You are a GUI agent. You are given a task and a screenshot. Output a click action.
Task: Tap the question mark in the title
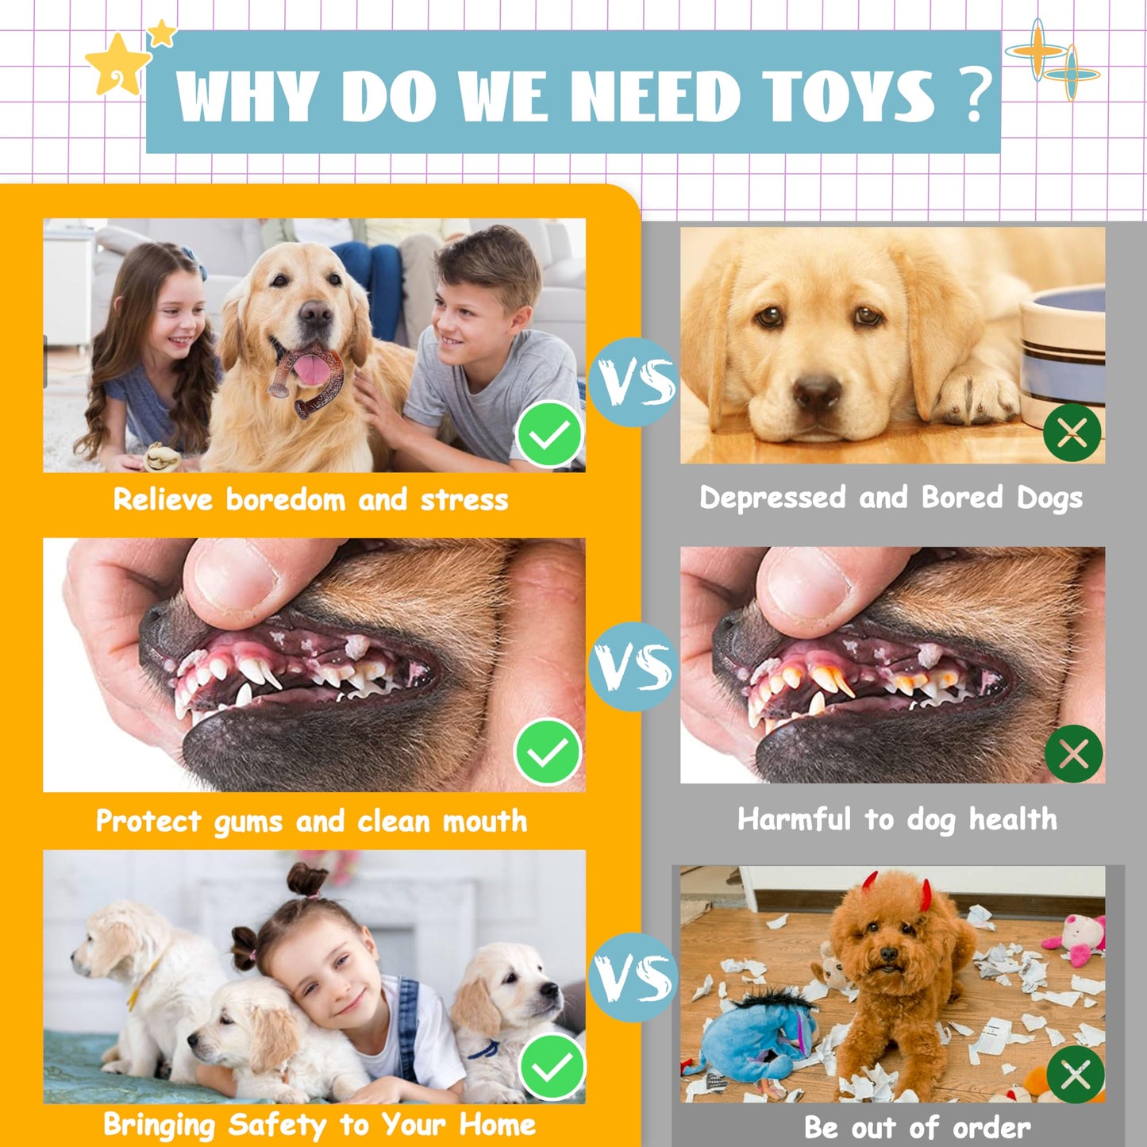(x=975, y=94)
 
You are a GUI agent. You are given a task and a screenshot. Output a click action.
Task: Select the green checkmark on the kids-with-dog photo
(x=548, y=435)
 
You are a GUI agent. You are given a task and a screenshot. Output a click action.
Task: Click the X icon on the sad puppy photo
(x=1072, y=433)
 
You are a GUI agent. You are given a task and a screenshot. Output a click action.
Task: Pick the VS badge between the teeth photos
(x=633, y=666)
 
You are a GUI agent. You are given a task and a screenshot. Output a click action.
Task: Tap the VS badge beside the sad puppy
(x=633, y=382)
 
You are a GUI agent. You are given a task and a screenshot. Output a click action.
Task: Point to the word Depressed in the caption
(x=772, y=498)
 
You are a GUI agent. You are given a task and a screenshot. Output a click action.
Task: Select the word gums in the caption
(x=248, y=822)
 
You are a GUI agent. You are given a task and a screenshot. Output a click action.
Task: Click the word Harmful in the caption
(x=793, y=819)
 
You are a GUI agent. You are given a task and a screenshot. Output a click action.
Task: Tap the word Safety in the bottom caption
(x=277, y=1125)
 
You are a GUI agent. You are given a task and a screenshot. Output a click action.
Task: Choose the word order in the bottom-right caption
(x=991, y=1127)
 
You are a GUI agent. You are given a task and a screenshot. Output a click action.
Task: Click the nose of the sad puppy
(x=817, y=391)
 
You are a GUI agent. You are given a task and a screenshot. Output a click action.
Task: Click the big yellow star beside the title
(x=117, y=64)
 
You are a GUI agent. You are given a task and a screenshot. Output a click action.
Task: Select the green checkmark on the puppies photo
(x=552, y=1068)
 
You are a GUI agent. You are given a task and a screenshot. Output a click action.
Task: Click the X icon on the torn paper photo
(x=1076, y=1075)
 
